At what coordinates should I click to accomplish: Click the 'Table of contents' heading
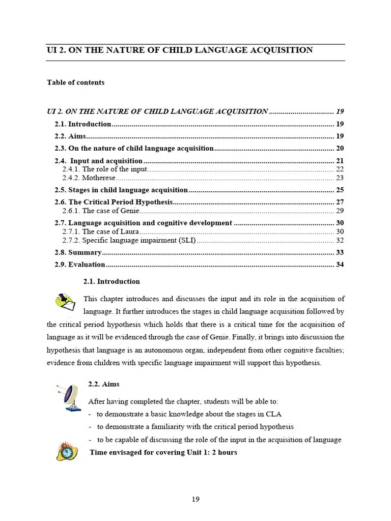click(x=75, y=82)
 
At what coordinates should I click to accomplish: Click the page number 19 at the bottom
click(x=195, y=499)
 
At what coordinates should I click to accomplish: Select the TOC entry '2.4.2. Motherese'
click(x=89, y=178)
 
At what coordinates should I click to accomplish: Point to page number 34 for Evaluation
click(x=340, y=265)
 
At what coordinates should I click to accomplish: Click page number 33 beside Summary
click(x=340, y=252)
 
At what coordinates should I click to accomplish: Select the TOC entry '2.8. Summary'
click(x=78, y=252)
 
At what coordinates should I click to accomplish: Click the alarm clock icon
click(x=66, y=451)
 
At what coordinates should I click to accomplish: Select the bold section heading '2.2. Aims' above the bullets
click(x=104, y=384)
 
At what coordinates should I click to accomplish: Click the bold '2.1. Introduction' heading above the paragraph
click(x=111, y=281)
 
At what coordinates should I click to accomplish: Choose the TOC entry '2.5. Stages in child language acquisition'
click(x=121, y=190)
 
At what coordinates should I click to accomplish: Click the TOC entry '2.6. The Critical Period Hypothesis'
click(x=114, y=202)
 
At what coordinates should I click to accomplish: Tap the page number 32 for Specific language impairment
click(x=340, y=240)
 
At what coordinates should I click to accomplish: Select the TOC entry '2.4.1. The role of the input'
click(x=105, y=169)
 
